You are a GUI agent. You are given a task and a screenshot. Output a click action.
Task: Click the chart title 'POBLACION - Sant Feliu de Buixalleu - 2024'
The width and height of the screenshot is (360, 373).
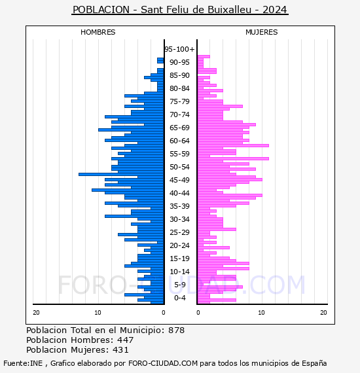point(180,10)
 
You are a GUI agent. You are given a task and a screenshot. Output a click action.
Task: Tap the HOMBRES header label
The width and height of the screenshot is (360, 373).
point(98,32)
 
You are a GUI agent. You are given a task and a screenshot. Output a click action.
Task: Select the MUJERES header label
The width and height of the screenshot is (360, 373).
point(262,32)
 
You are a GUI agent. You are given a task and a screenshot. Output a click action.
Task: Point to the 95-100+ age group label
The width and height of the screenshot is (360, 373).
point(179,49)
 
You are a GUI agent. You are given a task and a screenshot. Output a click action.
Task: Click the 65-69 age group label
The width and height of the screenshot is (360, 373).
point(179,128)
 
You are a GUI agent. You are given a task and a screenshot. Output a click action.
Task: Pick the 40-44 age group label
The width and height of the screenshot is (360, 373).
point(179,193)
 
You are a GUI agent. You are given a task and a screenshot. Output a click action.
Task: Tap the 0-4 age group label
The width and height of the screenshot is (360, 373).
point(179,298)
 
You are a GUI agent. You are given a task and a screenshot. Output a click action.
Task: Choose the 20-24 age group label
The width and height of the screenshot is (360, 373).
point(179,245)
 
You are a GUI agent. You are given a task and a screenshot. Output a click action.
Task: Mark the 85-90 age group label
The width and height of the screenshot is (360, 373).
point(179,75)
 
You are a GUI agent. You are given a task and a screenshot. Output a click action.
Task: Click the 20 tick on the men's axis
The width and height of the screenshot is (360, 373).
point(36,312)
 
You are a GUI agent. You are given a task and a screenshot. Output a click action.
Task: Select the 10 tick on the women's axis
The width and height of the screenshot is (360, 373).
point(261,312)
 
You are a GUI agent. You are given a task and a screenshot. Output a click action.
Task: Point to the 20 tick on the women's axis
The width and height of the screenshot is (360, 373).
point(323,312)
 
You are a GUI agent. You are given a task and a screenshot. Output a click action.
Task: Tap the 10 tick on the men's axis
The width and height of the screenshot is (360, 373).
point(98,312)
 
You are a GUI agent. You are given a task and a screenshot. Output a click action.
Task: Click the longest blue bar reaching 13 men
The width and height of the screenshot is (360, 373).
point(121,174)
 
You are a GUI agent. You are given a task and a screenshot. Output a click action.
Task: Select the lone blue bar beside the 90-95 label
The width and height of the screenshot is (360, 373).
point(160,61)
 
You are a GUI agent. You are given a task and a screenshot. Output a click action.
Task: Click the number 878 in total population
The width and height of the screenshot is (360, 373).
point(176,330)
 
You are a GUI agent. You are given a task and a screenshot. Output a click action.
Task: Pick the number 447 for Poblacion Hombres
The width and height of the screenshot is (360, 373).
point(126,340)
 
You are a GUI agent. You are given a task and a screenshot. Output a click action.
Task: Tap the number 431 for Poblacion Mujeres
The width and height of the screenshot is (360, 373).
point(120,349)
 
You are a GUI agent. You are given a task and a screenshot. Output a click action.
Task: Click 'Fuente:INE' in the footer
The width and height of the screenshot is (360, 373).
point(23,363)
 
